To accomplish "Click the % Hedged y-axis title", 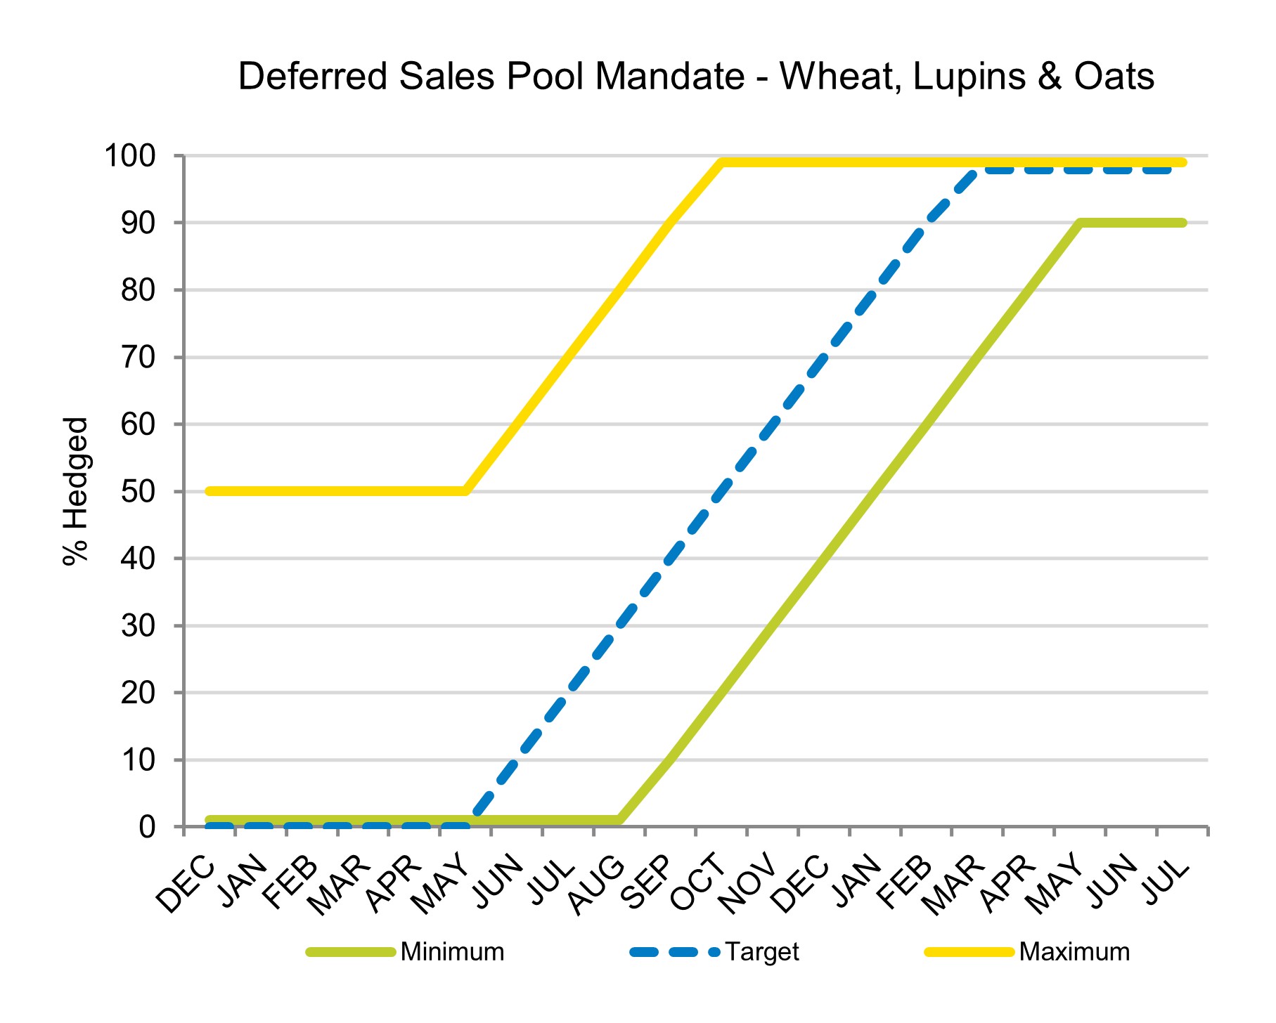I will (x=76, y=491).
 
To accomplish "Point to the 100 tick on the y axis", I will (x=130, y=155).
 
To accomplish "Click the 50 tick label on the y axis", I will (x=138, y=491).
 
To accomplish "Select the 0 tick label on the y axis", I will (x=147, y=827).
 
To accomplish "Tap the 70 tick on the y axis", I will (x=138, y=357).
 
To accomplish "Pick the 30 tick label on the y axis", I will (x=138, y=625).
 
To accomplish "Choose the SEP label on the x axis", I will (x=649, y=882).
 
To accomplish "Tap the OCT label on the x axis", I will (x=698, y=882).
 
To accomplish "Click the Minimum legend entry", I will (x=452, y=952).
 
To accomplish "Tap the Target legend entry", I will (x=762, y=952).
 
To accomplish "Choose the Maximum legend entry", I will (x=1074, y=952).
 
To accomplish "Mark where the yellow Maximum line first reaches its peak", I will (x=722, y=162).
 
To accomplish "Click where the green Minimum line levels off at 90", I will (x=1081, y=223).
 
